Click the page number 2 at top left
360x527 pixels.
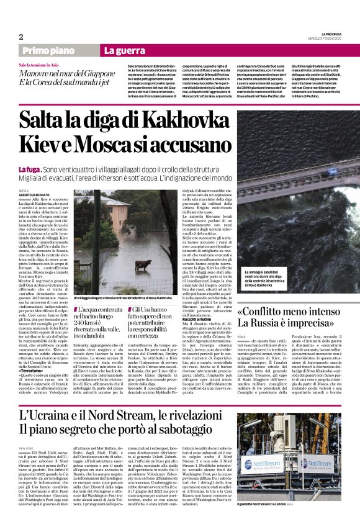(x=21, y=37)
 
